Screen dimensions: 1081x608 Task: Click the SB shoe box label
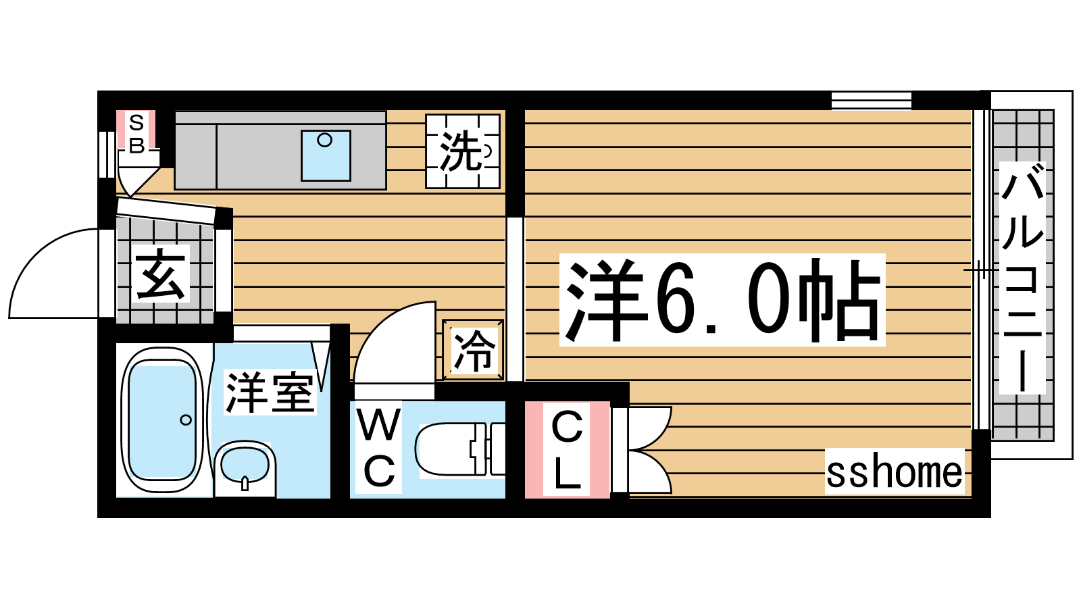[136, 134]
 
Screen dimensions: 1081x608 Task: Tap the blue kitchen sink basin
[326, 155]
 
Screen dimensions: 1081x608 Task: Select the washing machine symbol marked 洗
[462, 151]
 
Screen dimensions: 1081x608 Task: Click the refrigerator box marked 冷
[473, 350]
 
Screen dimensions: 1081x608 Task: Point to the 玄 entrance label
[160, 274]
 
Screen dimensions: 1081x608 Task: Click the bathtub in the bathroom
[163, 420]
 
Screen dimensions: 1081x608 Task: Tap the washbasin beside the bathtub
[245, 467]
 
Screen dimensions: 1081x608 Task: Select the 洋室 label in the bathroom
[270, 392]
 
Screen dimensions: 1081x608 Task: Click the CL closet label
[567, 449]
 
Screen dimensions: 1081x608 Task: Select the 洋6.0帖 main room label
[722, 300]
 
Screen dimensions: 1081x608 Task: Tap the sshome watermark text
[895, 472]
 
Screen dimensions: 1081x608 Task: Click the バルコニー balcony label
[1022, 278]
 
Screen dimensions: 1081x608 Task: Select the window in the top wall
[872, 101]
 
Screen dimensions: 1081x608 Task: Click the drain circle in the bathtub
[186, 420]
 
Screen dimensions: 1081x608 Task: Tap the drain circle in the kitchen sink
[325, 141]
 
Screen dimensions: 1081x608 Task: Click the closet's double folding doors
[649, 450]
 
